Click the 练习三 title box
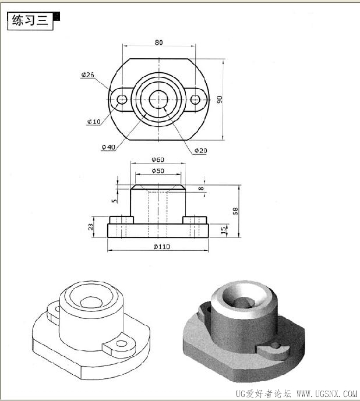(30, 21)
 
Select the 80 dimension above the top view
(159, 42)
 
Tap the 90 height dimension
(220, 100)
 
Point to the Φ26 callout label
(88, 74)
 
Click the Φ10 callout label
(94, 122)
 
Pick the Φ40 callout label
(108, 147)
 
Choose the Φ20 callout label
(200, 151)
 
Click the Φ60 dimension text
(158, 160)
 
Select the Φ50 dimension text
(158, 171)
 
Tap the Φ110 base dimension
(161, 247)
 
